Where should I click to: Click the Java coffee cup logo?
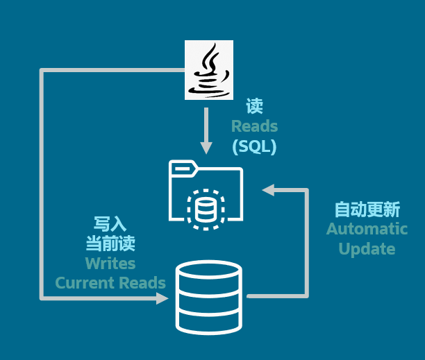pyautogui.click(x=208, y=69)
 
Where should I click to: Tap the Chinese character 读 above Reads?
pyautogui.click(x=255, y=106)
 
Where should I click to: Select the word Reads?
pyautogui.click(x=254, y=126)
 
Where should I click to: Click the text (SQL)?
pyautogui.click(x=254, y=146)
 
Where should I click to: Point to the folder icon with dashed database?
pyautogui.click(x=206, y=193)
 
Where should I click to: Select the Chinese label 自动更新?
pyautogui.click(x=367, y=209)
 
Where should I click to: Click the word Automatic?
pyautogui.click(x=367, y=229)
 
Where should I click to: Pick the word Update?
pyautogui.click(x=367, y=249)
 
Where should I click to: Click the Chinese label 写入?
pyautogui.click(x=110, y=223)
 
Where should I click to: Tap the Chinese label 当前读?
pyautogui.click(x=110, y=243)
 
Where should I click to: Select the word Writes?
pyautogui.click(x=110, y=264)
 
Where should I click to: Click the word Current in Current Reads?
pyautogui.click(x=85, y=283)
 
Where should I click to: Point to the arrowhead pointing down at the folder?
pyautogui.click(x=206, y=147)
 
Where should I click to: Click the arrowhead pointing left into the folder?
pyautogui.click(x=268, y=189)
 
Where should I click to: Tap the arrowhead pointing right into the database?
pyautogui.click(x=162, y=298)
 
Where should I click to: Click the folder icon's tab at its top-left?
pyautogui.click(x=182, y=166)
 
